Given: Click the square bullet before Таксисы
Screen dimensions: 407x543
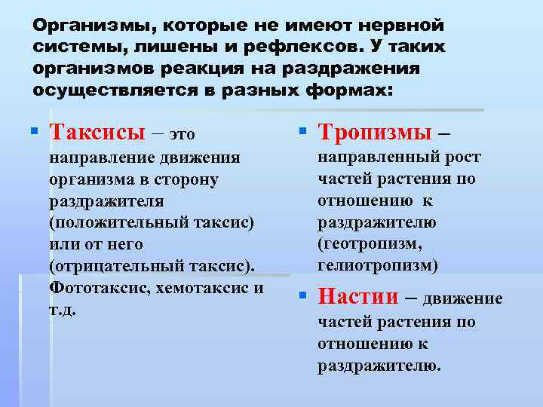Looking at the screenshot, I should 34,133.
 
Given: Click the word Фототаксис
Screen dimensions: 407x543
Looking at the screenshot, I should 96,288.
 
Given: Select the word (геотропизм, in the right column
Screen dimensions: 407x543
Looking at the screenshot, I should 370,244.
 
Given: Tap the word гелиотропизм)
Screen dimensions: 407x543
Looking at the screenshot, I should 377,265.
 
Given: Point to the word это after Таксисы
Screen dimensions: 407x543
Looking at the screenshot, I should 181,134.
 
